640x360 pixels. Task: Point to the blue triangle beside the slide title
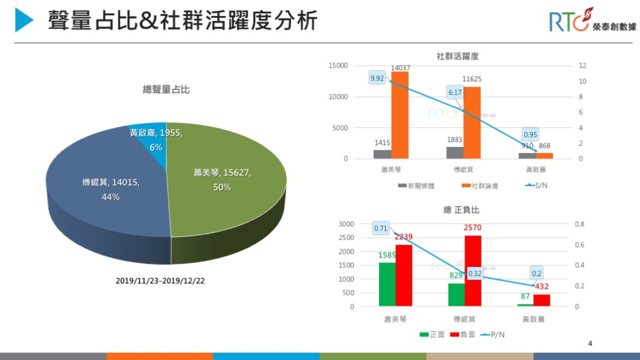(x=24, y=20)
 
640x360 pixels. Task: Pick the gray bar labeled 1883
(x=455, y=152)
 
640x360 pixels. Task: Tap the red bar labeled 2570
(x=473, y=271)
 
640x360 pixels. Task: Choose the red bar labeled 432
(x=542, y=300)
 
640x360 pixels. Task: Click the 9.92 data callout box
(x=377, y=78)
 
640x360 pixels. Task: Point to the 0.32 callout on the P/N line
(x=475, y=274)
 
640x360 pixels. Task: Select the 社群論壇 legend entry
(x=480, y=186)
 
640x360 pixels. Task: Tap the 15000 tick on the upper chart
(x=338, y=65)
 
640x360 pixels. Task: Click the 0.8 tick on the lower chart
(x=579, y=224)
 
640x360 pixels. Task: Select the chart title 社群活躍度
(x=457, y=56)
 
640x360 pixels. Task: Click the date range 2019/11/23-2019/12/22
(x=160, y=281)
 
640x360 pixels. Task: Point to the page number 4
(x=590, y=343)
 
